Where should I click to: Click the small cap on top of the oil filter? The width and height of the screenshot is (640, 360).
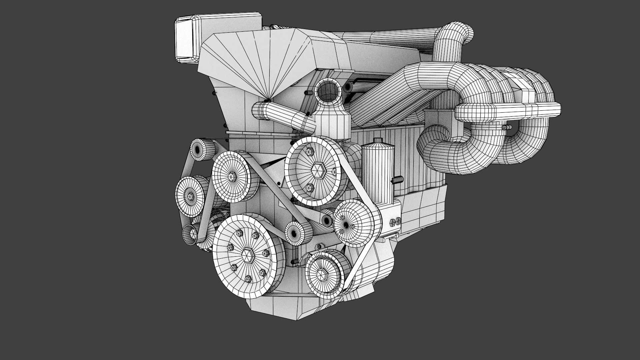(377, 140)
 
